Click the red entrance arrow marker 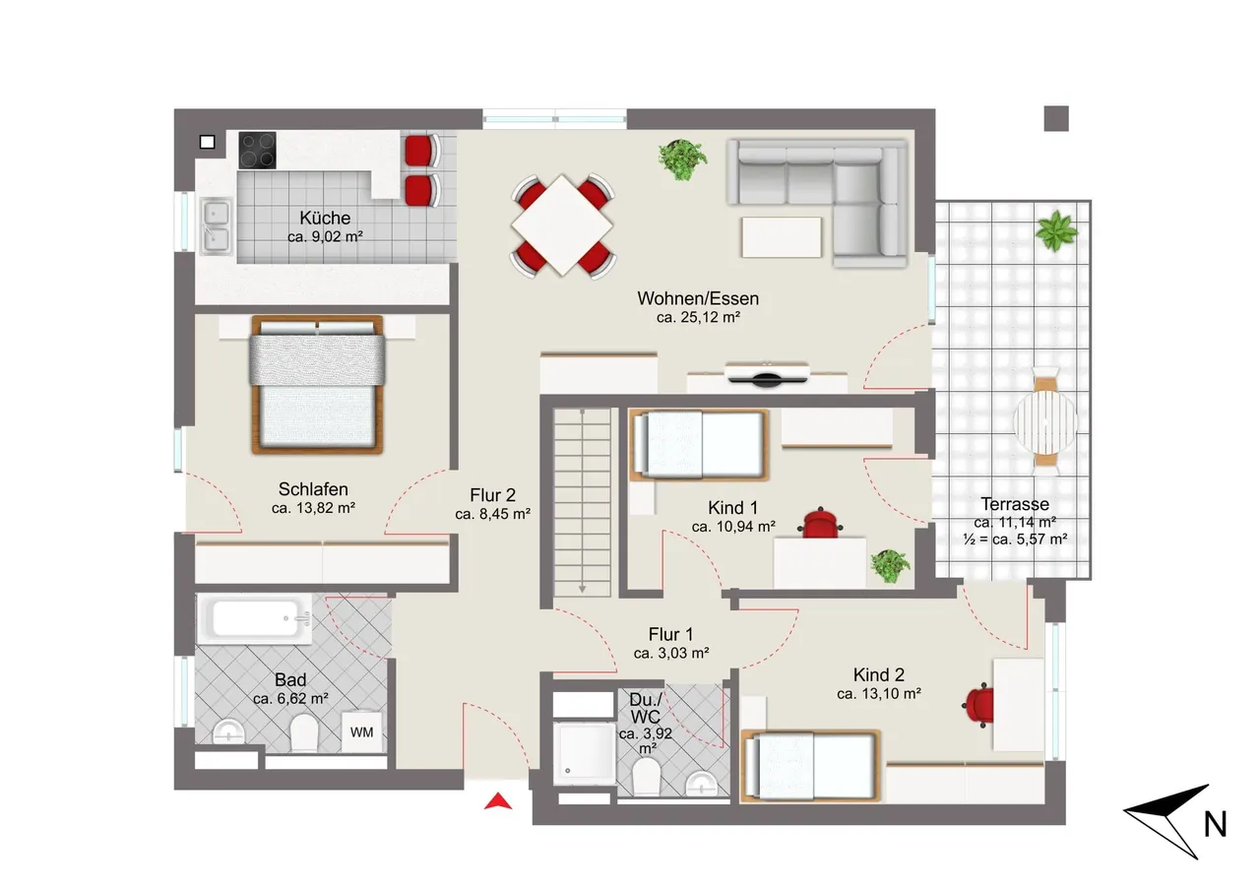498,801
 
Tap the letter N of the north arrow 1215,825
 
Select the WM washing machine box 361,732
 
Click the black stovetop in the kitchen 257,151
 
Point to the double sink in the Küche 216,226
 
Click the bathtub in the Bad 255,619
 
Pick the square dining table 562,225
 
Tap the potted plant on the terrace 1056,230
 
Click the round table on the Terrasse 1045,421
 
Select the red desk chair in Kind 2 979,705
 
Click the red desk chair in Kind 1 820,523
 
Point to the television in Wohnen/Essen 766,375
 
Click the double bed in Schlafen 318,385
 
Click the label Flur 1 670,634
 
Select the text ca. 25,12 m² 698,317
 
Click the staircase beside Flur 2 582,502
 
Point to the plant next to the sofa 682,159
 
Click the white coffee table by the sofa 782,237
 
